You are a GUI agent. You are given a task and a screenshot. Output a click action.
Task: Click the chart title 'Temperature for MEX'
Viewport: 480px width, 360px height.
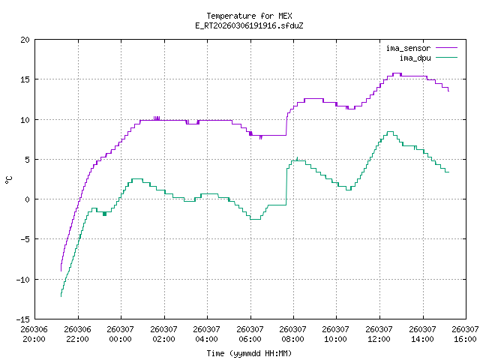tap(239, 16)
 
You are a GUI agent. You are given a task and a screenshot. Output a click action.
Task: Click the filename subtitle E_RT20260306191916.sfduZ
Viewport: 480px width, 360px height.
tap(239, 25)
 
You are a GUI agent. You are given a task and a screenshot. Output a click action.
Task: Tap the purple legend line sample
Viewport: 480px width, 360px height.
tap(445, 49)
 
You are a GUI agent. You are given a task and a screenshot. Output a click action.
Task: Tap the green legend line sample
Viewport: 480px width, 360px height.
tap(445, 58)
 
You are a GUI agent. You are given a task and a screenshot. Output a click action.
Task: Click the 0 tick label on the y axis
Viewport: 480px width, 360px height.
tap(28, 199)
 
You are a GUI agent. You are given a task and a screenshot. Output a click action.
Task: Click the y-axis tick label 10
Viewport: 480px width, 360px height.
tap(25, 119)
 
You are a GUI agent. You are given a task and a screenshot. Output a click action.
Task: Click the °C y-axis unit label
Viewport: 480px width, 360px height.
tap(8, 179)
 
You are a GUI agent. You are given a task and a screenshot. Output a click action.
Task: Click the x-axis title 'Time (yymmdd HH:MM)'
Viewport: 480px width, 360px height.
tap(249, 352)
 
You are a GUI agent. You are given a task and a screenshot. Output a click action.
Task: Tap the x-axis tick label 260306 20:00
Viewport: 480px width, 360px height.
tap(34, 334)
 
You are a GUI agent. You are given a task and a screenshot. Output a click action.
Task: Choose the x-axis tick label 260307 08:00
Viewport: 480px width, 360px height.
tap(292, 334)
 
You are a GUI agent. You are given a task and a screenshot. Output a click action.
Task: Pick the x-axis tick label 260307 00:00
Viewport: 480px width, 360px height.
tap(120, 334)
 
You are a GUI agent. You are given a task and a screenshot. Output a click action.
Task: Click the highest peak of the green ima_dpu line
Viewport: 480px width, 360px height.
tap(390, 132)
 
